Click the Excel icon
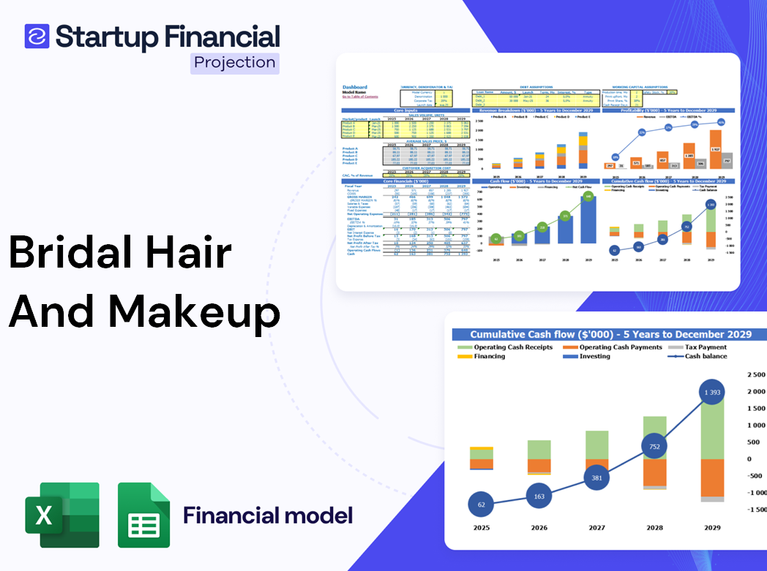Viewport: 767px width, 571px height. tap(62, 515)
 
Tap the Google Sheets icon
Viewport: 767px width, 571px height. tap(143, 515)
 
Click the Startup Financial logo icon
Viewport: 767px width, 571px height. tap(37, 36)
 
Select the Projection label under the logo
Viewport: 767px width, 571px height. tap(235, 63)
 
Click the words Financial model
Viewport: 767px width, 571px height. tap(268, 515)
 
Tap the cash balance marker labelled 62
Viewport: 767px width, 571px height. tap(480, 504)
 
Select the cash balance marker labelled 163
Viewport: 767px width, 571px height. tap(539, 496)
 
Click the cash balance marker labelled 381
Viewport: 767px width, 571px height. tap(597, 478)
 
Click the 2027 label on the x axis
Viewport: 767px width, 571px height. tap(597, 528)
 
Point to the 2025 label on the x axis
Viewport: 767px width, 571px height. tap(481, 528)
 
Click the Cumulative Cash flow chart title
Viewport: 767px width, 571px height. tap(610, 334)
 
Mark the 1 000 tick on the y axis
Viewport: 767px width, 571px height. tap(753, 425)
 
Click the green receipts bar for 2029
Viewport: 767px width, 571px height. tap(713, 431)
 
